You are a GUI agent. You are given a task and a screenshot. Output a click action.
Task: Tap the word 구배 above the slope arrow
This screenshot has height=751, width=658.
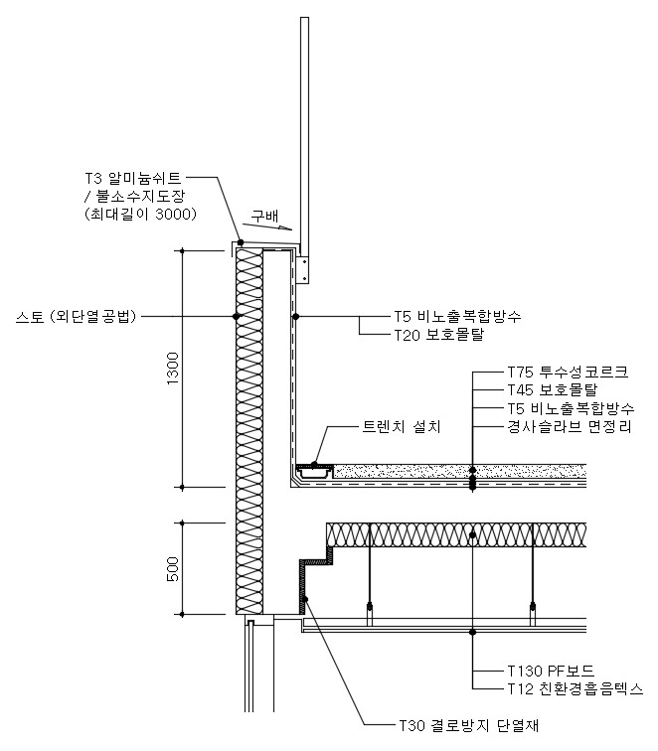click(x=263, y=214)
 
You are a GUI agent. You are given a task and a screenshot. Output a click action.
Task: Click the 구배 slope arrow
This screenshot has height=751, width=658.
click(x=260, y=228)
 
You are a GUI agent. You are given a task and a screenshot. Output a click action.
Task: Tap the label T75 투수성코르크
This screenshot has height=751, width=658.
click(x=567, y=371)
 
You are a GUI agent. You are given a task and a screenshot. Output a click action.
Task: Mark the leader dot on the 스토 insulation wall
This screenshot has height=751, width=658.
click(x=237, y=316)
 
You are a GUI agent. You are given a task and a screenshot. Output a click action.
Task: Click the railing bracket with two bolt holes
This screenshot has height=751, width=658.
click(x=305, y=268)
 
